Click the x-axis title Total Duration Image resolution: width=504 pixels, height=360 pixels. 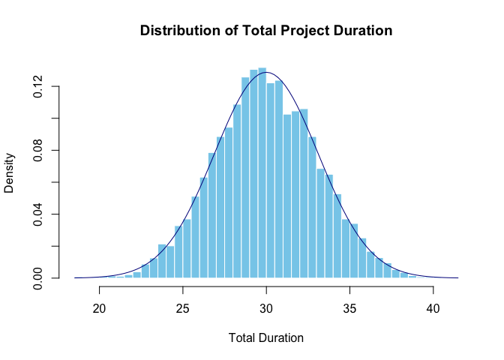tap(266, 337)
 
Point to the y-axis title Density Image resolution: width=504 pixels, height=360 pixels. tap(10, 173)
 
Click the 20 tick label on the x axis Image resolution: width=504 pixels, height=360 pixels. tap(99, 307)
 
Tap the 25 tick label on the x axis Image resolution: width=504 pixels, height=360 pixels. tap(183, 307)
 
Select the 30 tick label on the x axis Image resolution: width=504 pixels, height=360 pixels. tap(266, 307)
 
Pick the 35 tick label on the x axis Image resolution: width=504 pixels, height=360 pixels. tap(349, 307)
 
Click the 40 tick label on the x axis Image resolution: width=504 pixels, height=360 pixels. tap(433, 307)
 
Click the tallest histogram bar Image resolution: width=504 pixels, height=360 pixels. tap(262, 172)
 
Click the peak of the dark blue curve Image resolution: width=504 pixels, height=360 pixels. tap(266, 72)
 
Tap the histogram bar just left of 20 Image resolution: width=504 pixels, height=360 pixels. tap(95, 277)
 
